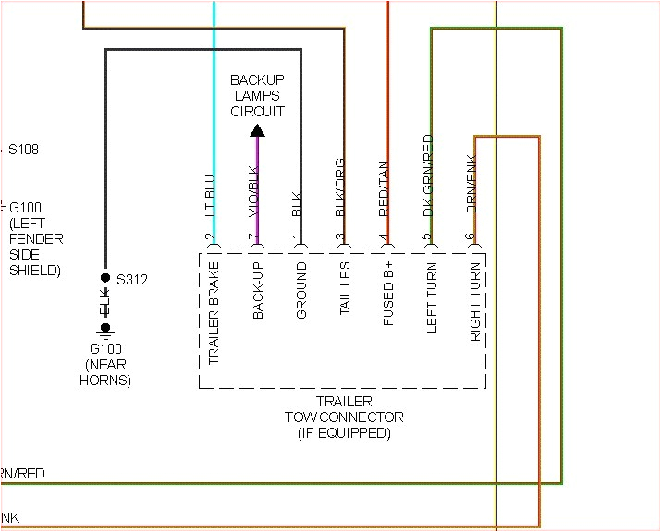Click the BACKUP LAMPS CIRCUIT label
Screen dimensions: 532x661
point(257,96)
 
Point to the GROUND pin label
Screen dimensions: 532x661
point(301,291)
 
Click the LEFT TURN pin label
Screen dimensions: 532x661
point(432,296)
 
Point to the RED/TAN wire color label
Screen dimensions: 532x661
point(384,188)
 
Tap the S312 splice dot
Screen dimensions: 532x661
point(105,278)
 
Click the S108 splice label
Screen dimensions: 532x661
point(23,149)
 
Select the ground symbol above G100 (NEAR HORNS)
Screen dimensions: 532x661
point(105,329)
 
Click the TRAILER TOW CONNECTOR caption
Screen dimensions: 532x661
point(344,417)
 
